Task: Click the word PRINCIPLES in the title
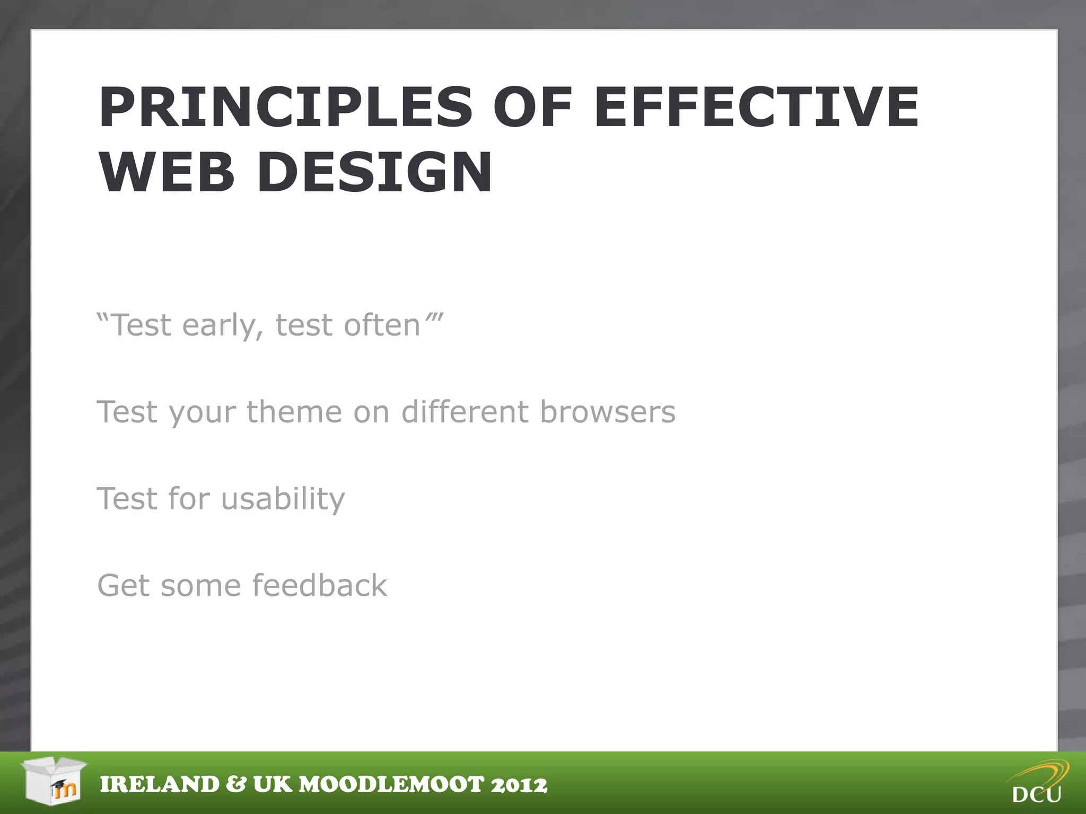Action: [285, 108]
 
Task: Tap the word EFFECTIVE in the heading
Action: [757, 108]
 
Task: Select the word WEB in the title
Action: [167, 173]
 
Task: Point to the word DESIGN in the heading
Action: [375, 173]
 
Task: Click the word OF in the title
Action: [532, 108]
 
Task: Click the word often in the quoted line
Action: [382, 325]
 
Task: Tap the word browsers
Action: [608, 412]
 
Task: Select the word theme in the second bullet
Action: [294, 412]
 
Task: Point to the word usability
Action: [283, 499]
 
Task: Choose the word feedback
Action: [320, 586]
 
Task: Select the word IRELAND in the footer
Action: [160, 785]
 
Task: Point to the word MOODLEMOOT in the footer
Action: [392, 785]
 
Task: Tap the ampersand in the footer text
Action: [236, 785]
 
